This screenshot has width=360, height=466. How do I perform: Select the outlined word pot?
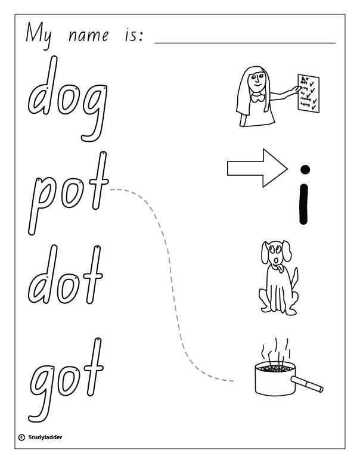pyautogui.click(x=67, y=191)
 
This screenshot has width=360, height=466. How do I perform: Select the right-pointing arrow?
pyautogui.click(x=253, y=169)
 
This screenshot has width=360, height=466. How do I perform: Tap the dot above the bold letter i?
pyautogui.click(x=304, y=170)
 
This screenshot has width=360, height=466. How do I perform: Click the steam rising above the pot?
pyautogui.click(x=275, y=352)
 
